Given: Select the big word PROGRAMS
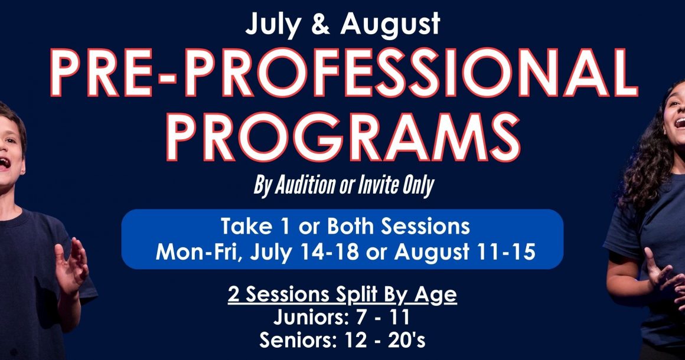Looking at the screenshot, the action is pos(342,136).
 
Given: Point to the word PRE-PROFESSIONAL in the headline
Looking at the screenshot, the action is pos(344,72).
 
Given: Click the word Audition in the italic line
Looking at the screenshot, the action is pos(305,185).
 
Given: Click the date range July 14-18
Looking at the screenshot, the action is pos(305,252).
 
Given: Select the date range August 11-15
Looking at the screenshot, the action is pos(465,252).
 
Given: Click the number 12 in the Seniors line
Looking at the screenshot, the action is pos(355,340).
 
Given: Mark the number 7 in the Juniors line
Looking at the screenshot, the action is pos(361,318).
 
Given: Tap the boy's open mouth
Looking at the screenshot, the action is pos(4,163).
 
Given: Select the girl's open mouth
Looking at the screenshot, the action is pos(680,123).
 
